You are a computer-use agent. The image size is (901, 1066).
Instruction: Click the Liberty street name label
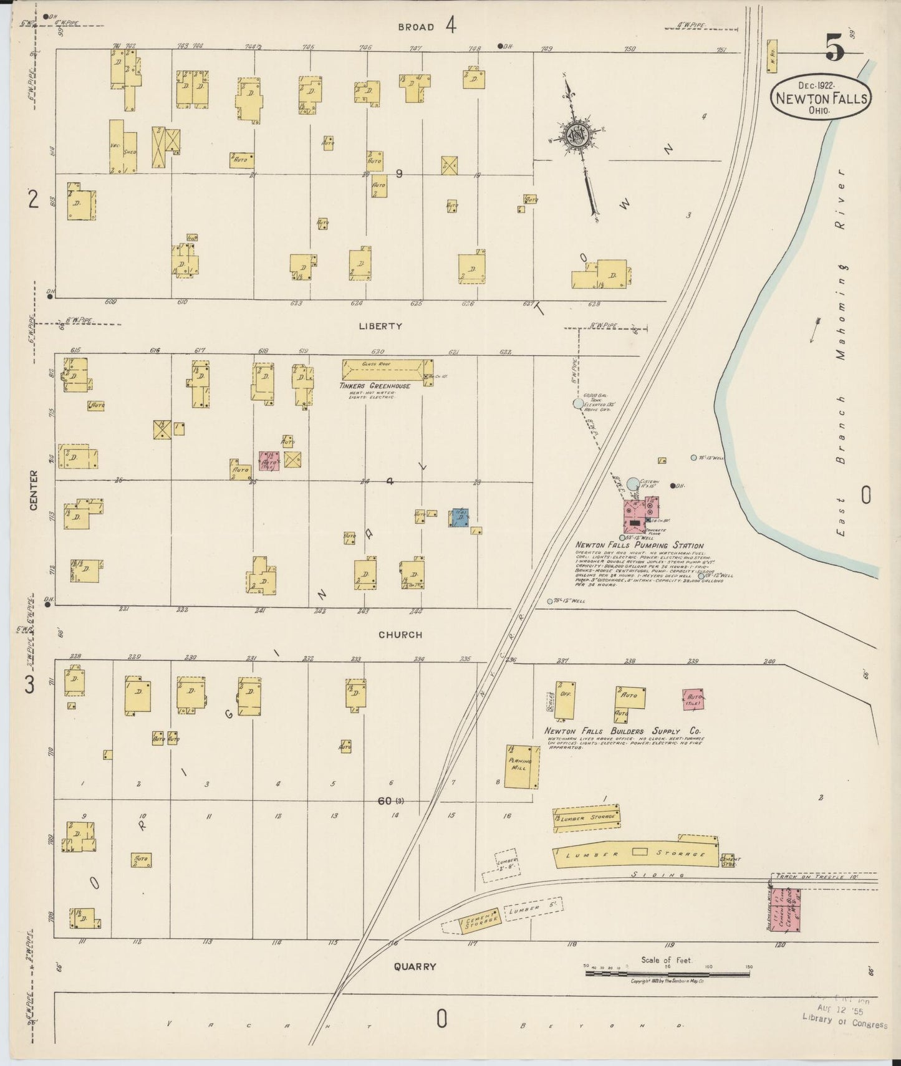380,325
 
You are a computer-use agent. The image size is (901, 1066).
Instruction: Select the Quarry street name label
415,967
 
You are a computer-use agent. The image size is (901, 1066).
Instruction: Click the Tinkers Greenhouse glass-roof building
387,368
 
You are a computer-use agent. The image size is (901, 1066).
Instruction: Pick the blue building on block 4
460,519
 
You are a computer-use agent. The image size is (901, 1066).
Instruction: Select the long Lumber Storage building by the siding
636,855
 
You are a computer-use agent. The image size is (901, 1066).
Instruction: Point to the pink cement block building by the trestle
785,910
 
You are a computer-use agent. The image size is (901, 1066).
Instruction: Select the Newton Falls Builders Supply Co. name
622,731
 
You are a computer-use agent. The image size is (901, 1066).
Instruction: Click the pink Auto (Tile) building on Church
694,699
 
